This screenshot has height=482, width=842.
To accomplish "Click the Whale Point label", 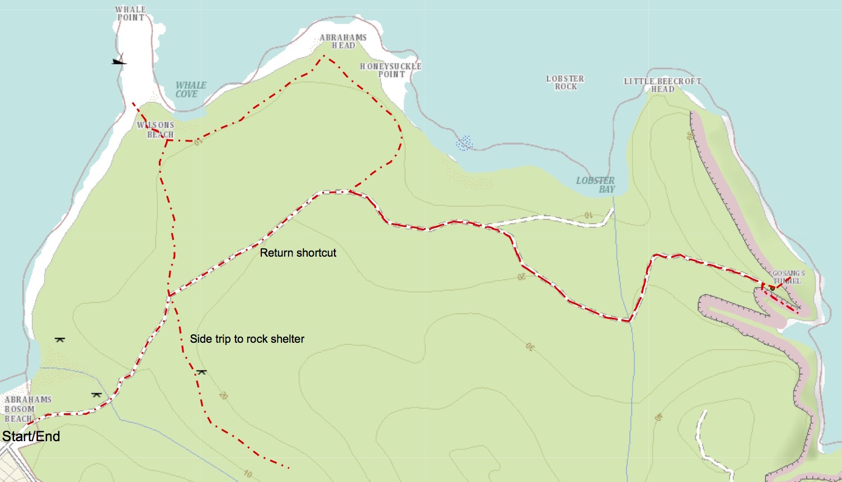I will click(130, 13).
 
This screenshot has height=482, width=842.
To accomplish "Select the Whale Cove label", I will click(190, 89).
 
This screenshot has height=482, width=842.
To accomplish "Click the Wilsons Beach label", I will click(156, 130).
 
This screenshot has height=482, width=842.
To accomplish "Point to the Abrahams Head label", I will click(343, 41).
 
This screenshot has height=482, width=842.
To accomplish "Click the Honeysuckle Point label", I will click(391, 70).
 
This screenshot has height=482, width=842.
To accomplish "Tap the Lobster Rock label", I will click(565, 83).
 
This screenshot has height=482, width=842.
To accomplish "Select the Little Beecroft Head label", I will click(662, 85).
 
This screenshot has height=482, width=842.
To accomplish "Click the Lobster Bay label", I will click(596, 185).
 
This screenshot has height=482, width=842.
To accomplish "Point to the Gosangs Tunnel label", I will click(788, 277).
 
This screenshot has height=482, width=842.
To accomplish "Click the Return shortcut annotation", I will click(298, 253).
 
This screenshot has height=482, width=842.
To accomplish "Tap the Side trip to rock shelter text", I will click(247, 339).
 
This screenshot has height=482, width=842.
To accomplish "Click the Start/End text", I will click(31, 437).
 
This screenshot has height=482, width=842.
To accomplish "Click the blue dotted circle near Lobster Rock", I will click(464, 143).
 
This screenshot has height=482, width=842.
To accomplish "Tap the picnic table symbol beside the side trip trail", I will click(201, 372).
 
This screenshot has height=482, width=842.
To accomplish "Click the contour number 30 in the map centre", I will click(529, 347).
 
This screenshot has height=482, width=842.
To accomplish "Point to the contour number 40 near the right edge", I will click(658, 417).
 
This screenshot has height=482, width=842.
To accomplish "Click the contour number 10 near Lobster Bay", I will click(588, 215).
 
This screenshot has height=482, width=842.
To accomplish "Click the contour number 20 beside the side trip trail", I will click(223, 395).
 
